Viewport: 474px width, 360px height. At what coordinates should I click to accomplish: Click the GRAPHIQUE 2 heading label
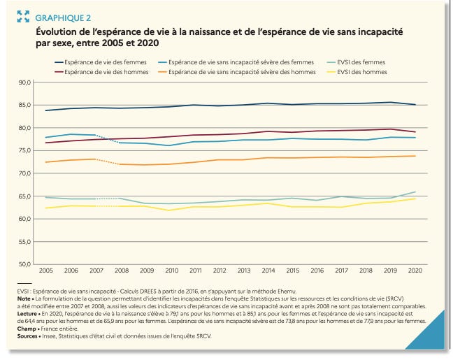(62, 17)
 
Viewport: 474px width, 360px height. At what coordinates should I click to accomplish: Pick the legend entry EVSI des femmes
(361, 62)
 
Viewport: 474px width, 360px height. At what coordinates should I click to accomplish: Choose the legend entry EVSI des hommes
(361, 71)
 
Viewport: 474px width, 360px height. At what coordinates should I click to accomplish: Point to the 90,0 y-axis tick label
(26, 82)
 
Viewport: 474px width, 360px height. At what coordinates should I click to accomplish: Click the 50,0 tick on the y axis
(26, 264)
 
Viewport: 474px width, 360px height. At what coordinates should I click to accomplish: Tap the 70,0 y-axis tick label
(26, 173)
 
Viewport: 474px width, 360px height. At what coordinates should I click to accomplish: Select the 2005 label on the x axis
(45, 270)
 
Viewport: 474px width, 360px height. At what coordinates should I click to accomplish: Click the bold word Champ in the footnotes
(27, 329)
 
